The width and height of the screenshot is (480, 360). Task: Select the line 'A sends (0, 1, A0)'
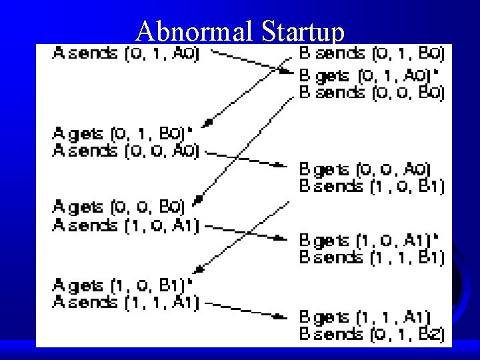pos(125,53)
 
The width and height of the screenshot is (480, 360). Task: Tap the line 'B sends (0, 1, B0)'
pos(371,53)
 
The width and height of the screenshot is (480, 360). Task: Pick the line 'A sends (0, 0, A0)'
pos(125,151)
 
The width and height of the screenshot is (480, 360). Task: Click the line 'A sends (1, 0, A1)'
pos(125,227)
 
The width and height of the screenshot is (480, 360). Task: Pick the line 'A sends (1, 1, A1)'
pos(125,303)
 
